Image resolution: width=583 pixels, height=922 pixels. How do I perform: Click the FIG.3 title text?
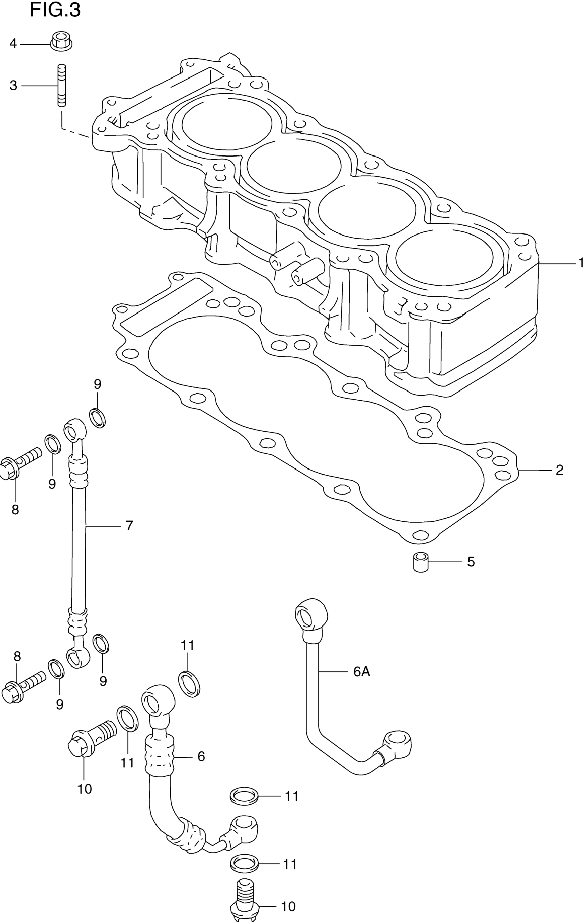point(55,10)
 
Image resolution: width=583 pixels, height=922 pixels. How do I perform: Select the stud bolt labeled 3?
point(62,85)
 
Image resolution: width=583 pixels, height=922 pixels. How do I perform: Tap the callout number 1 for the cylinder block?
point(580,263)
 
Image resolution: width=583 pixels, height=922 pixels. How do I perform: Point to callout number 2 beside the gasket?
point(559,470)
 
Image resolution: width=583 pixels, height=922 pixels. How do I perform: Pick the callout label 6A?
point(361,671)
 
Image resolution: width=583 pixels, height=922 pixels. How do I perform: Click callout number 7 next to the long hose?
point(129,526)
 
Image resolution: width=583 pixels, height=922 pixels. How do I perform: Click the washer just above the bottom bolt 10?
point(244,864)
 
